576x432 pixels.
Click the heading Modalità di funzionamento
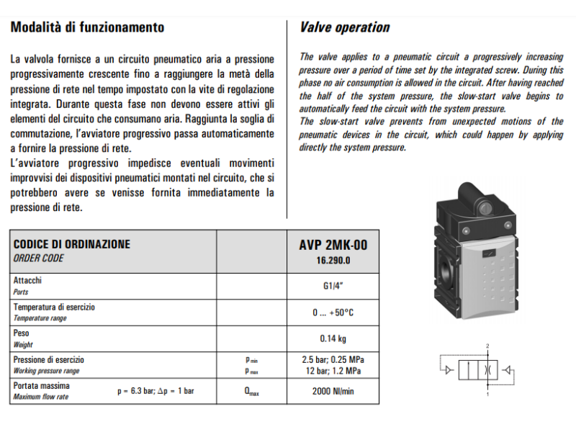[87, 28]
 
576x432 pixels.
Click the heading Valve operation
[344, 28]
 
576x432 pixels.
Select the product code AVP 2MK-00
[333, 245]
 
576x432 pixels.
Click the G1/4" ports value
[333, 285]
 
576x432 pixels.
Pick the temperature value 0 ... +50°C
[333, 312]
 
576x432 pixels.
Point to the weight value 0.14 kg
[333, 338]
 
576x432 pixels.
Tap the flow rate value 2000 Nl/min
[333, 392]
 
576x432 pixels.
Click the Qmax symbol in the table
[251, 392]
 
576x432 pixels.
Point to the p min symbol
[251, 360]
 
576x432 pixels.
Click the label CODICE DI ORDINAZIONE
[72, 245]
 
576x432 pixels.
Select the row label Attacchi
[27, 280]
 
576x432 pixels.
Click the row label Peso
[22, 333]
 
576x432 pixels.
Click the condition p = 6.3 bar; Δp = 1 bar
[156, 392]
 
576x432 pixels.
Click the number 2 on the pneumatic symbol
[487, 346]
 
